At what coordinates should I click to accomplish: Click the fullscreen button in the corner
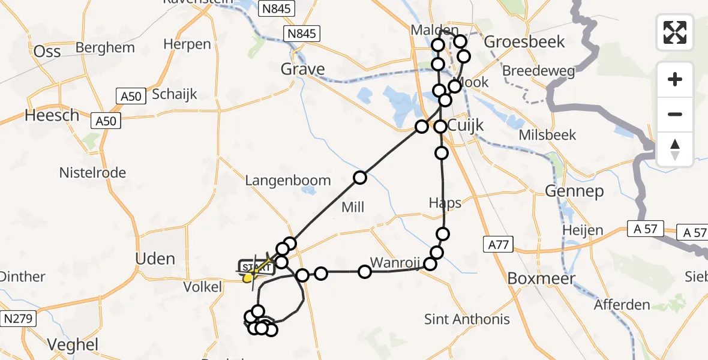(x=675, y=32)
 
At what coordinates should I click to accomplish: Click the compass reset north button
(x=675, y=149)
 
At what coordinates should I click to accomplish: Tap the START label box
(x=257, y=267)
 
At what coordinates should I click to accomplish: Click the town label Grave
(x=303, y=70)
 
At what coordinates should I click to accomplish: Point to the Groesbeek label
(x=524, y=41)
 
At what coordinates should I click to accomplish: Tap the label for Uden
(x=155, y=259)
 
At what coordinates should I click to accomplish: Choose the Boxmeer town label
(x=542, y=278)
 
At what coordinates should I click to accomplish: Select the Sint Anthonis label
(x=467, y=319)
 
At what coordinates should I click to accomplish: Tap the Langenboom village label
(x=287, y=180)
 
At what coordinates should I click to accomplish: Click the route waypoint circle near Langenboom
(x=360, y=177)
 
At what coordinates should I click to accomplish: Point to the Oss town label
(x=47, y=51)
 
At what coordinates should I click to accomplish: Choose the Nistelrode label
(x=92, y=173)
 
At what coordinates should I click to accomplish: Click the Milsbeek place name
(x=548, y=135)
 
